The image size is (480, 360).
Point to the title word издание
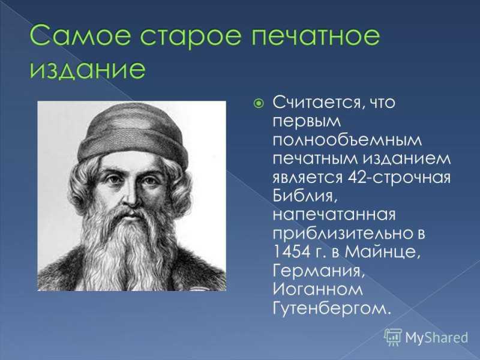87,69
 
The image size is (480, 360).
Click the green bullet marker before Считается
259,103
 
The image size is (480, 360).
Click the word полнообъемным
347,140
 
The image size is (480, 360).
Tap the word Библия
305,196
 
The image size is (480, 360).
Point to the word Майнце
382,252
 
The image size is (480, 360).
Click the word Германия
319,271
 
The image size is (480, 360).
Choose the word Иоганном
318,289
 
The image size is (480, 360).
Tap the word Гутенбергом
332,308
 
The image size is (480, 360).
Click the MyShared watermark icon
393,337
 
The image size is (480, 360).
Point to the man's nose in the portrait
131,196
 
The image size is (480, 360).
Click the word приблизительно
349,234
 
